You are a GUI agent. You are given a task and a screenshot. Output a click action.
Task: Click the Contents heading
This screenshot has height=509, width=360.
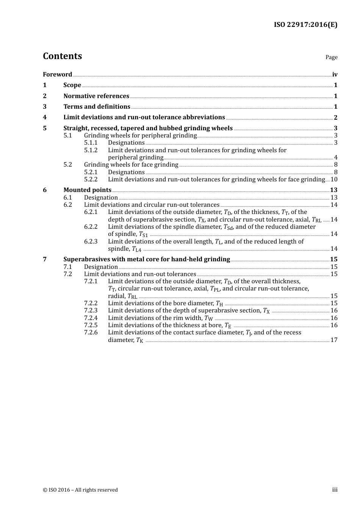coord(62,56)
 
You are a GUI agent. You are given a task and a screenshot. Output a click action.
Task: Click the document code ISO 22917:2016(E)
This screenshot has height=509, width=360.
coord(305,25)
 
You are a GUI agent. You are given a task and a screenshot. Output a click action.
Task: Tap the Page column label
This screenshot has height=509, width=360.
coord(331,57)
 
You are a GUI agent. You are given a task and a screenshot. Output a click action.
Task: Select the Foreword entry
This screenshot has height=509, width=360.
coord(57,75)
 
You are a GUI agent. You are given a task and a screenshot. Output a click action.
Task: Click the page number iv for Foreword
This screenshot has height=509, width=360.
coord(335,75)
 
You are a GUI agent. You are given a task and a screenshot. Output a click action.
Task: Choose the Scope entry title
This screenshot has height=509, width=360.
coord(72,85)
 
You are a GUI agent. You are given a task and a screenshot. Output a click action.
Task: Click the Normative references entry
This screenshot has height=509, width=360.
coord(96,96)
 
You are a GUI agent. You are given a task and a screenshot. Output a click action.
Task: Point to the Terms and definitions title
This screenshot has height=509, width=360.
coord(97,107)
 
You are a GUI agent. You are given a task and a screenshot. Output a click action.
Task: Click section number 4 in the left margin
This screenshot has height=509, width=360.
coord(45,117)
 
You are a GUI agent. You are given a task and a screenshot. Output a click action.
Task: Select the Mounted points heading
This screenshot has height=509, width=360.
coord(87,190)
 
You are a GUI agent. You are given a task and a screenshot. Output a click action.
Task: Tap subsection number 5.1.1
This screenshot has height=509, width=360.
coord(91,143)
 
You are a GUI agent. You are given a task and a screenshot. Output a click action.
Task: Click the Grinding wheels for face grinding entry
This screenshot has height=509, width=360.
coord(131,165)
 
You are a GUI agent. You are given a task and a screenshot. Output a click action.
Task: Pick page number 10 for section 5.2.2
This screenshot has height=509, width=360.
coord(334,180)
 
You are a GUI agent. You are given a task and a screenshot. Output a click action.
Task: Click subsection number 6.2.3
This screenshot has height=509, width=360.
coord(91,242)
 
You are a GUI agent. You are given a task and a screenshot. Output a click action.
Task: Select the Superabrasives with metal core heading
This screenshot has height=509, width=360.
coord(147,259)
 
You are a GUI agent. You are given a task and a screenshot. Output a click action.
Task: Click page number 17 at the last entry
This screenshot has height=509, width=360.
coord(334,340)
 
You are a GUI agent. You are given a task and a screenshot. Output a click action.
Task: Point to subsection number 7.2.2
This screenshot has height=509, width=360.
coord(91,303)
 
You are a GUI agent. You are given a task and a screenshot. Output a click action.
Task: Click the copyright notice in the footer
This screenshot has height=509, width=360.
coord(80,490)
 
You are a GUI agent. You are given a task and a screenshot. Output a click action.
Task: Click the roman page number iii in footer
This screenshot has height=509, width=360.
coord(335,490)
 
